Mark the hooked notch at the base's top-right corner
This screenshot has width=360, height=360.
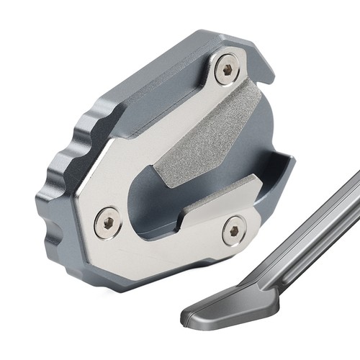click(266, 68)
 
